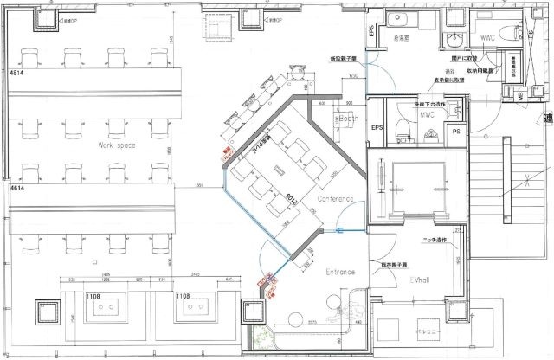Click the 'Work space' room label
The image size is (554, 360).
tap(119, 145)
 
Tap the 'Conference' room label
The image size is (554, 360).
tap(335, 199)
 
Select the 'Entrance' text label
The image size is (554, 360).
tap(340, 272)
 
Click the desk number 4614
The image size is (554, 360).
tap(16, 187)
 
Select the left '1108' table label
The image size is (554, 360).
tap(94, 297)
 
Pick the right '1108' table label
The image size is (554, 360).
tap(183, 297)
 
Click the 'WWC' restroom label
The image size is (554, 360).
tap(488, 37)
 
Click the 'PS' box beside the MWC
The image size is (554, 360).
tap(455, 132)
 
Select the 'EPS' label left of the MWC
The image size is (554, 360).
tap(377, 128)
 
